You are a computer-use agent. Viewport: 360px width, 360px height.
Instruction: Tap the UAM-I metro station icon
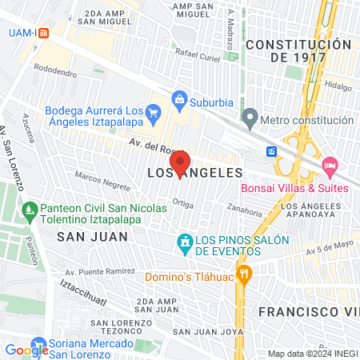pos(43,33)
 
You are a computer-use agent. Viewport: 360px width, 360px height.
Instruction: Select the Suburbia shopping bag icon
pos(179,100)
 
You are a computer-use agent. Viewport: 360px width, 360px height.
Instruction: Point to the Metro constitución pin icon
pos(250,120)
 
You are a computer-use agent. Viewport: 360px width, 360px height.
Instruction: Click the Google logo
pos(26,350)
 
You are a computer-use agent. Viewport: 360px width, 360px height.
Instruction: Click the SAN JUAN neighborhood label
pos(80,236)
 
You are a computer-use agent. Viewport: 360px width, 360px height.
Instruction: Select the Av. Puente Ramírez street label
pos(100,272)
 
